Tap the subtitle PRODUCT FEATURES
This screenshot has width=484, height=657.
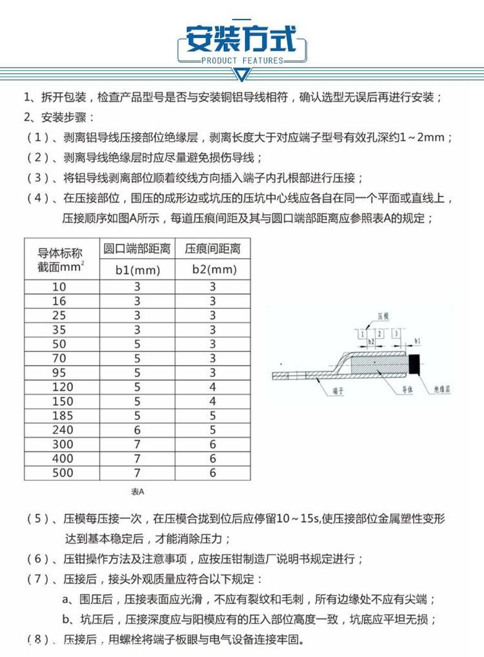point(242,61)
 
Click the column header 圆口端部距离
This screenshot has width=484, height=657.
point(137,249)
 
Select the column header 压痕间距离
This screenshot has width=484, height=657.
point(212,249)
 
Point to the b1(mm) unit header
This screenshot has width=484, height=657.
point(137,270)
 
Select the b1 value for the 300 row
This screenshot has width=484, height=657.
point(137,444)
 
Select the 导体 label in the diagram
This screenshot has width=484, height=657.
point(407,391)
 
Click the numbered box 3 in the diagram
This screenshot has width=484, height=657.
point(394,333)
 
